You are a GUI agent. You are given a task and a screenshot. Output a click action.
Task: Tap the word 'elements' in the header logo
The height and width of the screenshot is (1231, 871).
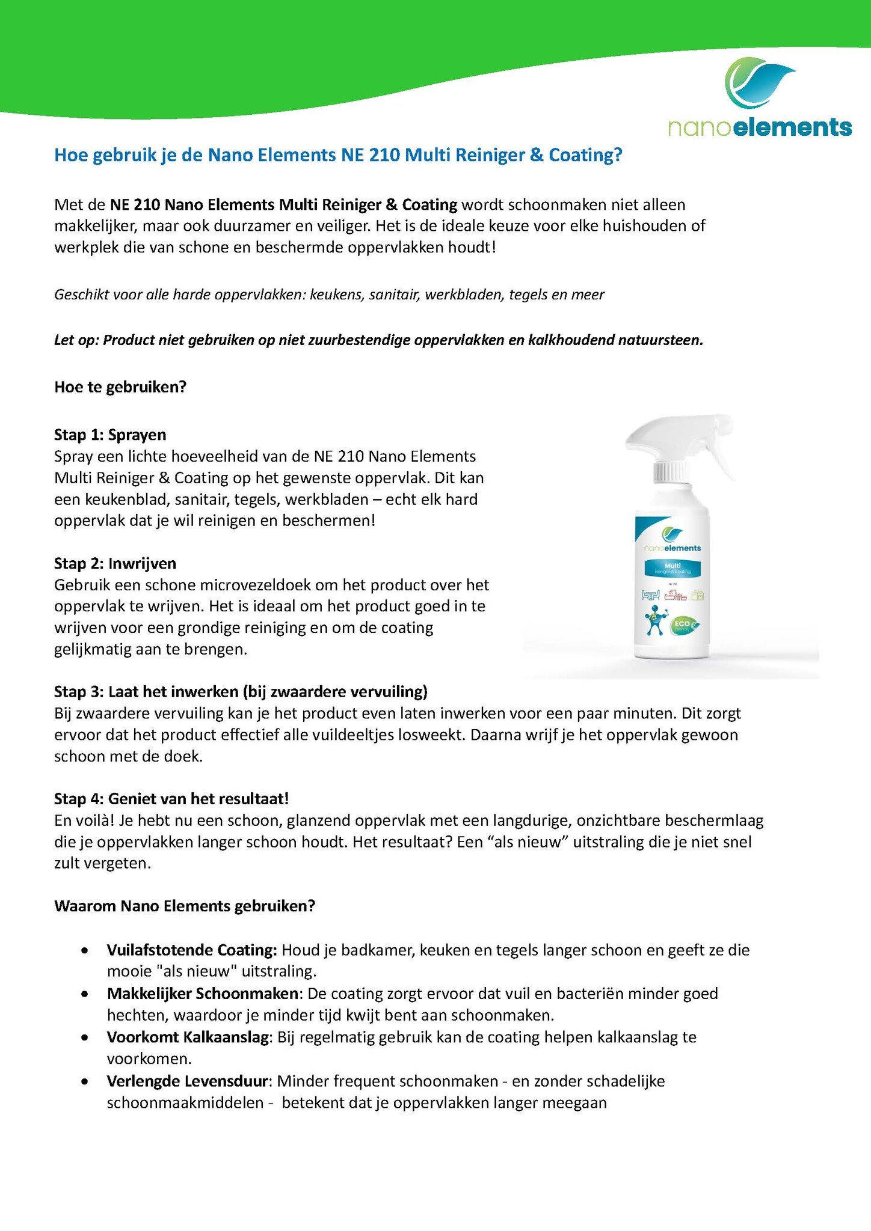tap(793, 127)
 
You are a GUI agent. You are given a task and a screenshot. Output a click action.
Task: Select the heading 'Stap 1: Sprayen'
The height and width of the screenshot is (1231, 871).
tap(110, 434)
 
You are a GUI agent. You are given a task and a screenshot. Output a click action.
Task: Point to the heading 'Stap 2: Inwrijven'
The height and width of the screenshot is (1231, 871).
tap(115, 563)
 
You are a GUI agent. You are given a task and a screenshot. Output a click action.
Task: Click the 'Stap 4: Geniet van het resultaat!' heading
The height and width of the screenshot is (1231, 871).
tap(171, 798)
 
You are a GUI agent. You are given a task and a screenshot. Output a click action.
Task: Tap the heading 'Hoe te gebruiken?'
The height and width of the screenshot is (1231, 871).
tap(120, 386)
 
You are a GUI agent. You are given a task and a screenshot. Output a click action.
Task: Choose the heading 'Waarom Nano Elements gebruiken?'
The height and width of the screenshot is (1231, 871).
tap(185, 906)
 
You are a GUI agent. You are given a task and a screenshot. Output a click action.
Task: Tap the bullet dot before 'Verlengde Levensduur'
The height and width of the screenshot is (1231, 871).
tap(87, 1081)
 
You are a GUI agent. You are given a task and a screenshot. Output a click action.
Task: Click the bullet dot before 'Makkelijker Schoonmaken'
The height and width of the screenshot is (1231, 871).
tap(87, 994)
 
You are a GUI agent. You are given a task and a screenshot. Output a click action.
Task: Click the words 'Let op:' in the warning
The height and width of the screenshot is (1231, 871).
tap(76, 340)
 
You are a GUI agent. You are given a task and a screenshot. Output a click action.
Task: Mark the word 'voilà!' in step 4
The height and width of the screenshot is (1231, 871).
tap(96, 820)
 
